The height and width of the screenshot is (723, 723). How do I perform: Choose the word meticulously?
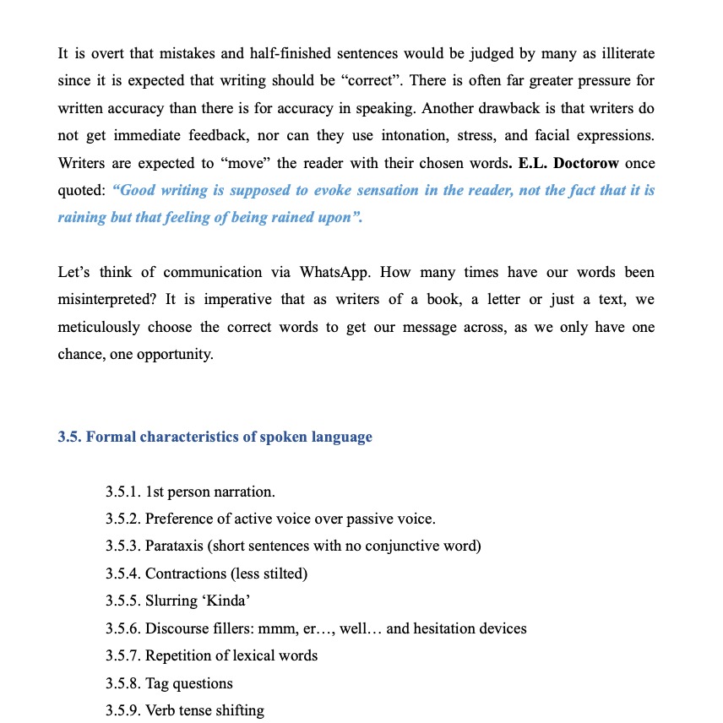click(100, 327)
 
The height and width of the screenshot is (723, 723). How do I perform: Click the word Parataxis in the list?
click(176, 546)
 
